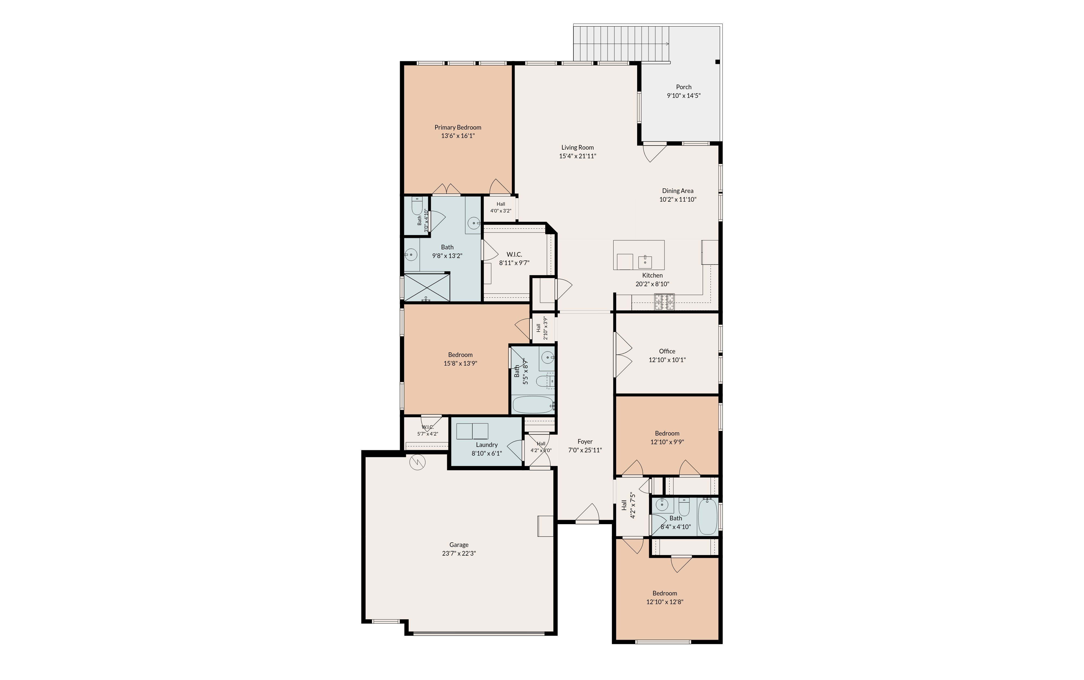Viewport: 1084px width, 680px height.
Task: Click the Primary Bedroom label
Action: (x=458, y=127)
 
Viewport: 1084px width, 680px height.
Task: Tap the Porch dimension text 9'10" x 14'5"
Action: (x=683, y=95)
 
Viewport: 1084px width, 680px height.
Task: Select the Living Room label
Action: (x=577, y=147)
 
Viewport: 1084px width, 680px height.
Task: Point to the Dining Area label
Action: (x=677, y=191)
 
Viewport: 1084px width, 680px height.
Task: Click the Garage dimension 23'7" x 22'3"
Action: (x=459, y=553)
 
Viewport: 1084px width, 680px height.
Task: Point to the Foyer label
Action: (x=585, y=442)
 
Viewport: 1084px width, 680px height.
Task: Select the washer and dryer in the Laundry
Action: (x=472, y=431)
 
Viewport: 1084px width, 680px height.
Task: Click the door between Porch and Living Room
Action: (x=654, y=152)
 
